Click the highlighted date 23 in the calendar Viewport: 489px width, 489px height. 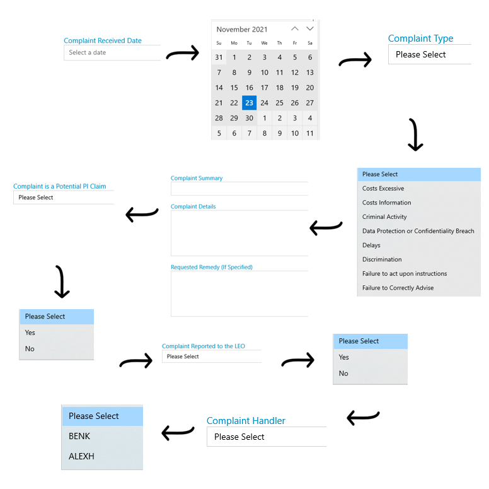coord(249,103)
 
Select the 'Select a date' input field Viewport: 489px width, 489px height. coord(112,52)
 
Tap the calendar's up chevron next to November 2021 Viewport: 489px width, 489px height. coord(295,29)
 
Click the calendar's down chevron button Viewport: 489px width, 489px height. coord(309,29)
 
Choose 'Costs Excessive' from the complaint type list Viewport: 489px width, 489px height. coord(383,188)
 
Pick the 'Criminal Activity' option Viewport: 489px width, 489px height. coord(384,216)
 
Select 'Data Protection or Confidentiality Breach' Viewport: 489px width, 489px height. coord(418,231)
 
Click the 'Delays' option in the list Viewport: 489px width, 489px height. coord(371,245)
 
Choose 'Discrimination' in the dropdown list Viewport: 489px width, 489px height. coord(382,259)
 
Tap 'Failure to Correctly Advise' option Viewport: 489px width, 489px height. coord(398,288)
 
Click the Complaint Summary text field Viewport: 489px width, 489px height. coord(239,189)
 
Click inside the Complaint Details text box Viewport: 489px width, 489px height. coord(239,233)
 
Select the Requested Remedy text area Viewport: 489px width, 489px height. coord(239,293)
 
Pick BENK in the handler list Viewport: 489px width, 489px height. coord(79,436)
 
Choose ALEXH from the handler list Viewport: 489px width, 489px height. coord(81,456)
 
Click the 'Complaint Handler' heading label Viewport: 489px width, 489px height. coord(246,421)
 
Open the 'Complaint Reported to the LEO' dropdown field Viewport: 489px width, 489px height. coord(212,356)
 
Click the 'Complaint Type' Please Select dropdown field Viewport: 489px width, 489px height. coord(430,54)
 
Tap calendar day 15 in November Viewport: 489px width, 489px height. coord(234,88)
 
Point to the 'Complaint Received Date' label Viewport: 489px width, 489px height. coord(103,40)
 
